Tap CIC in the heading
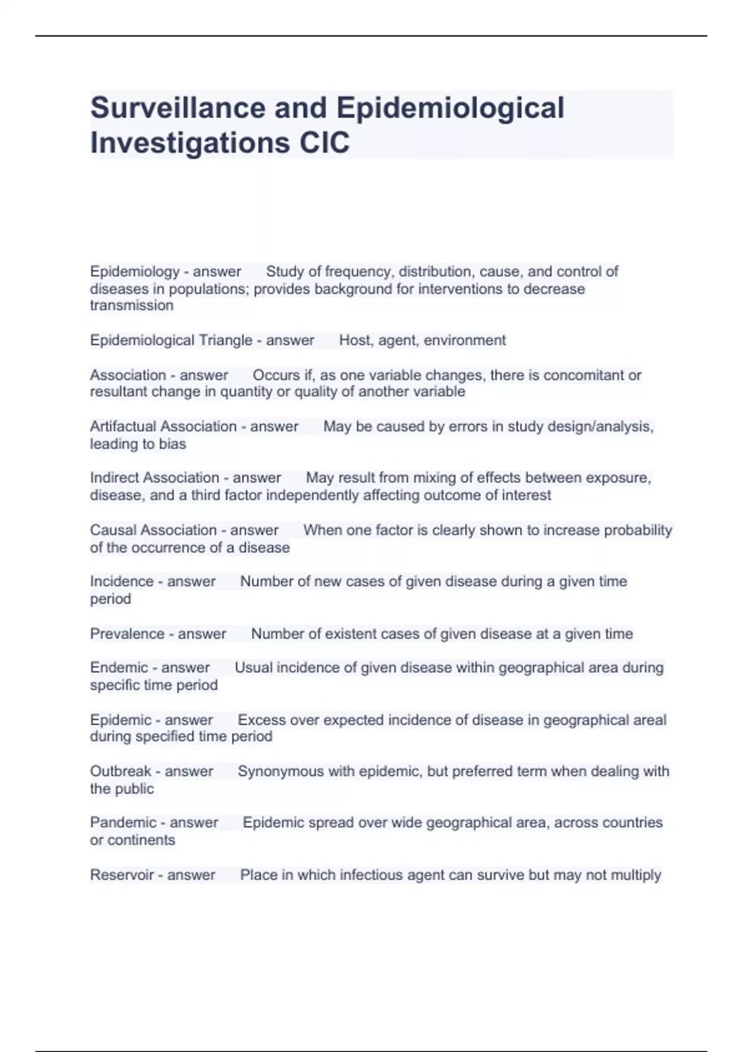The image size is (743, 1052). (324, 143)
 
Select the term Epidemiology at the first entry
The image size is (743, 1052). (134, 272)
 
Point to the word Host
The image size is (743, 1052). (354, 340)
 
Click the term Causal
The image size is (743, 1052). (111, 530)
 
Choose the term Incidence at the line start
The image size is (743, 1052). (122, 582)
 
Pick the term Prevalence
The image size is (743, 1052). (127, 634)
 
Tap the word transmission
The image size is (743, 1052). (131, 306)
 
